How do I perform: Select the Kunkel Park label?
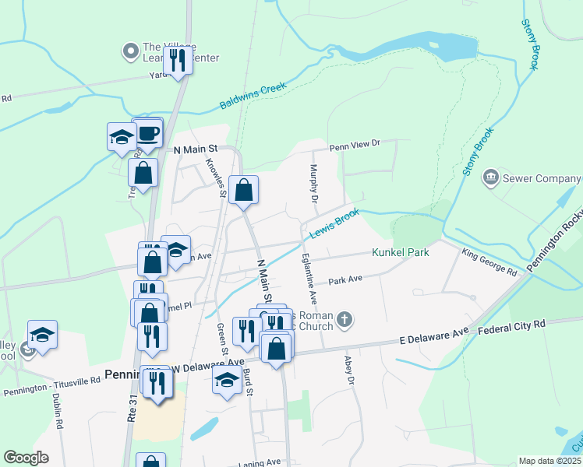[401, 252]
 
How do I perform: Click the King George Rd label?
[489, 263]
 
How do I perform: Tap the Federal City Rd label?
[512, 328]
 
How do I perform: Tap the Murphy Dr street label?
[314, 184]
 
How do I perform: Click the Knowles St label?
[214, 177]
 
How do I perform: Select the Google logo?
[26, 458]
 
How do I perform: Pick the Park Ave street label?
[345, 279]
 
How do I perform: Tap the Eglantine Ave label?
[309, 281]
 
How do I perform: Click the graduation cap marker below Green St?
[227, 380]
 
